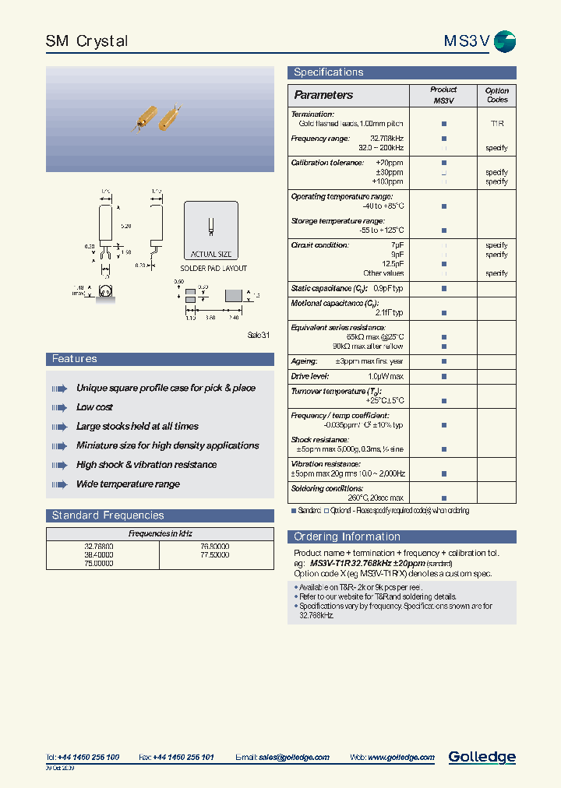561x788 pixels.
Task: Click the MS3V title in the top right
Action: click(466, 41)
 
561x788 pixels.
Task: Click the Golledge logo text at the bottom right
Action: click(482, 756)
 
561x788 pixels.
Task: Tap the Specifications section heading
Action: click(328, 72)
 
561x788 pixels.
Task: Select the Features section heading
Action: click(74, 359)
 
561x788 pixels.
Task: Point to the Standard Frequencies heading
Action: click(108, 515)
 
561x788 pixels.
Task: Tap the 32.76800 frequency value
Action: click(98, 547)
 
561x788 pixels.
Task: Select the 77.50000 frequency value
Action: click(214, 555)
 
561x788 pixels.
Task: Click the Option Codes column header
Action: click(496, 95)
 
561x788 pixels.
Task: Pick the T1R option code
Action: click(496, 124)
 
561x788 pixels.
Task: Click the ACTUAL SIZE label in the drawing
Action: click(210, 255)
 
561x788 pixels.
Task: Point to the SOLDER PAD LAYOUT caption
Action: click(213, 269)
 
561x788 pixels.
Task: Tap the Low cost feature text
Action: click(94, 407)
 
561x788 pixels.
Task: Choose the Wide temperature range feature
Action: click(128, 484)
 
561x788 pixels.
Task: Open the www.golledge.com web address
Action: click(401, 757)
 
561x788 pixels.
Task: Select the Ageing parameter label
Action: click(304, 361)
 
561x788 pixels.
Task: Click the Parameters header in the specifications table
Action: click(323, 95)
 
